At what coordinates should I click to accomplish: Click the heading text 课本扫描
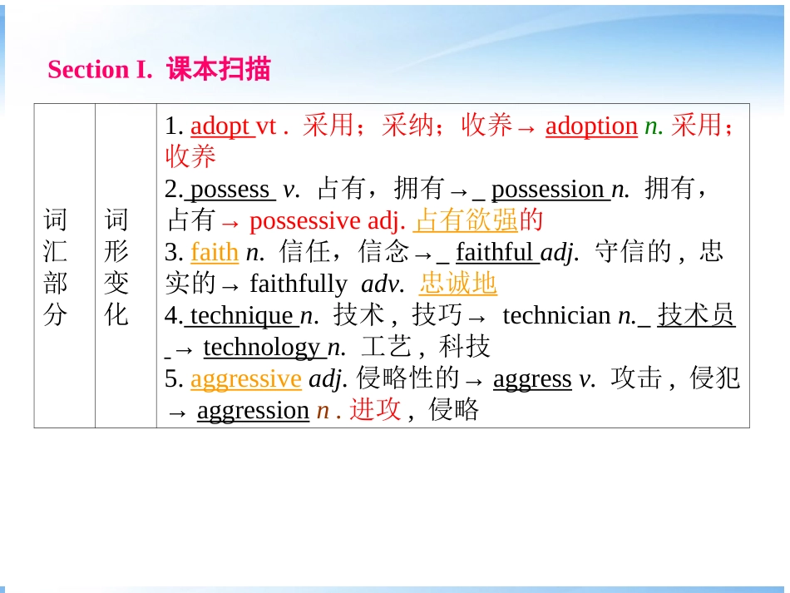(x=219, y=69)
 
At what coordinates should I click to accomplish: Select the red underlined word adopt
(x=220, y=126)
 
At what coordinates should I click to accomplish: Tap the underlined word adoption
(x=591, y=126)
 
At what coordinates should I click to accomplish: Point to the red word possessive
(x=305, y=220)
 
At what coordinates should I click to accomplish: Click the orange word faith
(x=215, y=252)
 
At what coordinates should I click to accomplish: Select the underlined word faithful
(x=496, y=252)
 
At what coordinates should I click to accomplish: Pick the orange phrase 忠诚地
(x=458, y=284)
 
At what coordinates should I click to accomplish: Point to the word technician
(x=556, y=315)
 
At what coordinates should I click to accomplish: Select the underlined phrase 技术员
(x=696, y=315)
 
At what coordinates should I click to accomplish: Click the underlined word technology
(x=261, y=347)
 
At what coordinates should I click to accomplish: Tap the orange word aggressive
(x=245, y=378)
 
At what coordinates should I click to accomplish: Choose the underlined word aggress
(x=532, y=378)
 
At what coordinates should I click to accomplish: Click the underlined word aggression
(x=253, y=410)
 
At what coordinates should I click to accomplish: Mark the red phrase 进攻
(x=375, y=410)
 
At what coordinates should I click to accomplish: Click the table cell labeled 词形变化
(x=116, y=267)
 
